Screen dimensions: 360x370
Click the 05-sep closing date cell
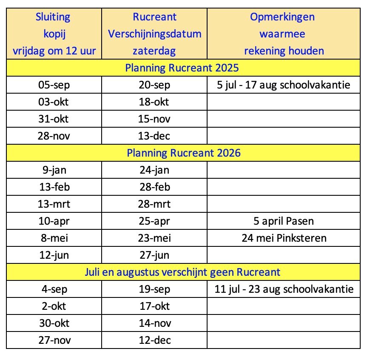(x=54, y=85)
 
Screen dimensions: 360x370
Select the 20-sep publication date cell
(x=154, y=85)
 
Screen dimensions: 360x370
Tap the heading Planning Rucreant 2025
(x=183, y=68)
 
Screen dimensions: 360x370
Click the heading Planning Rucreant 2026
(x=183, y=152)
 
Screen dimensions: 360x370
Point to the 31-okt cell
(x=54, y=119)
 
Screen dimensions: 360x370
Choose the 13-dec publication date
(x=154, y=136)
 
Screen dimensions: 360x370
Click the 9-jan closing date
(x=54, y=170)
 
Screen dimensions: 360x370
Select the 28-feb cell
(x=154, y=187)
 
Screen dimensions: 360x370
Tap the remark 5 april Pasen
(x=283, y=221)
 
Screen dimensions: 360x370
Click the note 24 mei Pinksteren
(x=283, y=238)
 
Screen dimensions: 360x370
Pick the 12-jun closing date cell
(x=54, y=255)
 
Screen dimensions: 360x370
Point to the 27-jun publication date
(x=154, y=255)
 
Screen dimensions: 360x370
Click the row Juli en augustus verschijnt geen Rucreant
(x=183, y=271)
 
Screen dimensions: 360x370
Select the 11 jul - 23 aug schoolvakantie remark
(x=283, y=289)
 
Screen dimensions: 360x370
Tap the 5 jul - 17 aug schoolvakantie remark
(x=283, y=85)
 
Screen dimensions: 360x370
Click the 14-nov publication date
(x=154, y=323)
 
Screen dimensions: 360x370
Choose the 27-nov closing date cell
(x=54, y=340)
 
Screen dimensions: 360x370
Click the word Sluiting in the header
(x=54, y=17)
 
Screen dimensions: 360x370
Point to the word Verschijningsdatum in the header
(x=154, y=34)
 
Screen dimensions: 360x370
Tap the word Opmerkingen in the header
(x=282, y=17)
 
